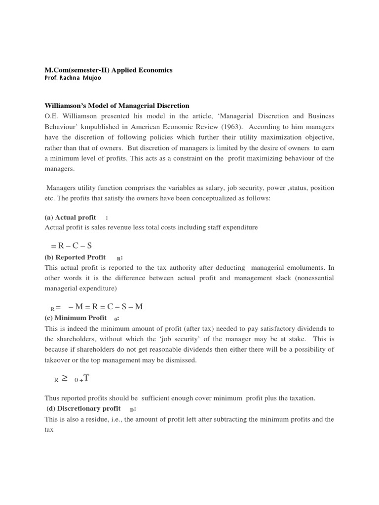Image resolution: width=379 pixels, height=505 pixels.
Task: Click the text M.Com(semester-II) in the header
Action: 77,70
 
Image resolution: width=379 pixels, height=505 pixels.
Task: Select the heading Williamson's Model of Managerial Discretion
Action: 117,106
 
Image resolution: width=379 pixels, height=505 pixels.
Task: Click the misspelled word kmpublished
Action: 98,126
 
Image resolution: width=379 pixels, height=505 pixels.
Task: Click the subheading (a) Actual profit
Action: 71,217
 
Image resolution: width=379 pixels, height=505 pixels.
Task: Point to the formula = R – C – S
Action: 71,245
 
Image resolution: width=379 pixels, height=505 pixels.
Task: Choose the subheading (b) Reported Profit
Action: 75,257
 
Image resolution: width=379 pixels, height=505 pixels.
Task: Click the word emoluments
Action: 304,267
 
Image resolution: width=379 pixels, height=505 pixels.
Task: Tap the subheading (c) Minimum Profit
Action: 76,318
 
